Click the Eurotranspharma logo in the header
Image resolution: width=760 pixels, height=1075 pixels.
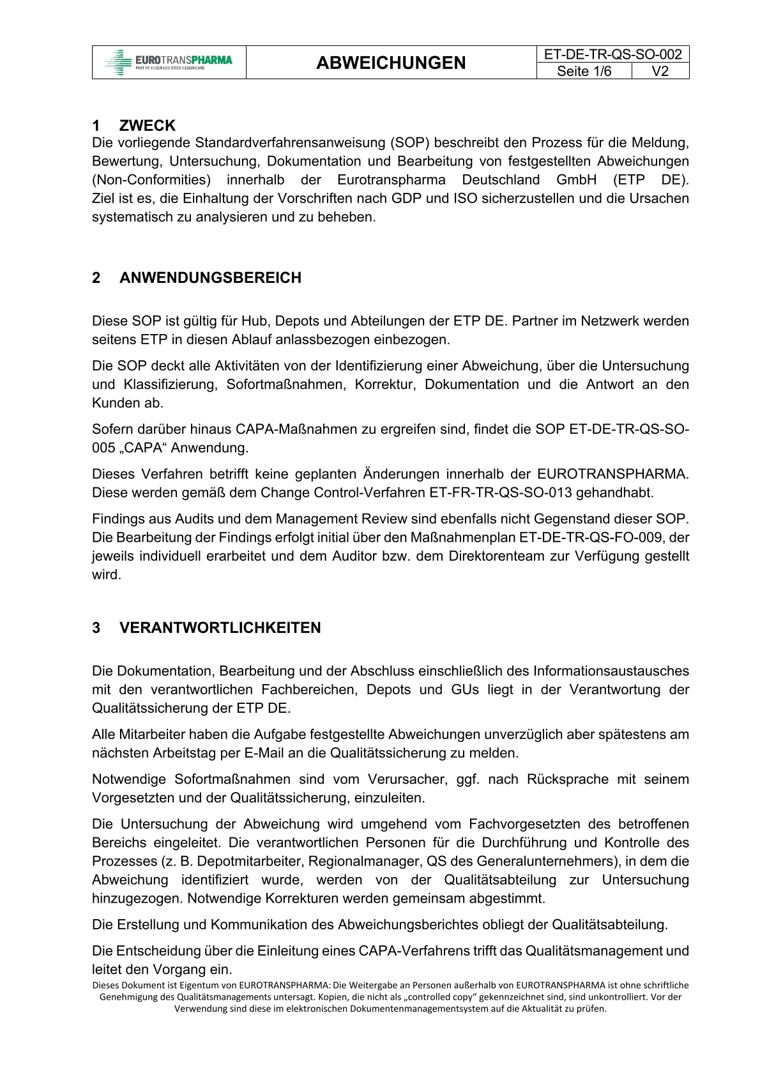pyautogui.click(x=169, y=62)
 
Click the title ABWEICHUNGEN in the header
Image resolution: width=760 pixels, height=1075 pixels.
pyautogui.click(x=391, y=63)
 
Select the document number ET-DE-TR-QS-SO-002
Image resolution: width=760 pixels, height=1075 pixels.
pyautogui.click(x=612, y=54)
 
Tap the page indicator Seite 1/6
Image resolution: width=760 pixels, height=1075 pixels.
pyautogui.click(x=584, y=71)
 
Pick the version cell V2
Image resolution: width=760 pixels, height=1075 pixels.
pyautogui.click(x=660, y=71)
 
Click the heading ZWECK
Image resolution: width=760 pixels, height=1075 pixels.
pyautogui.click(x=147, y=125)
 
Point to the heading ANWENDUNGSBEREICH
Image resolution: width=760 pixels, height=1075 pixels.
pyautogui.click(x=210, y=278)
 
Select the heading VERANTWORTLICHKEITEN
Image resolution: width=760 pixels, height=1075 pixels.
pyautogui.click(x=220, y=628)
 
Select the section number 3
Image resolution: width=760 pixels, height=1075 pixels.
pyautogui.click(x=96, y=628)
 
